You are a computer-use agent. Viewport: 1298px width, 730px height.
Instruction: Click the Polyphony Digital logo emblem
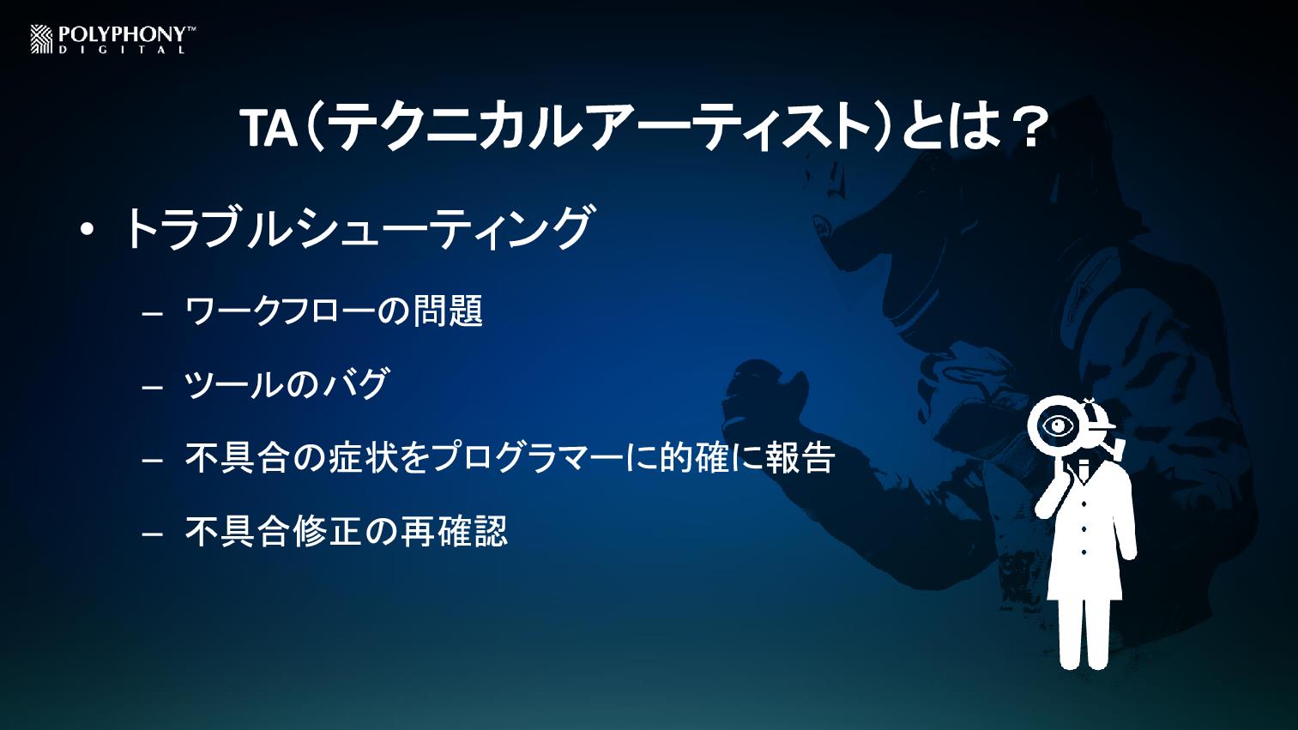[42, 39]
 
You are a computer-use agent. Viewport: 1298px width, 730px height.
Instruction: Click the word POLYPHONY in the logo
[123, 35]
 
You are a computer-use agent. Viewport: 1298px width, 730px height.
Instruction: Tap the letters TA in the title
[269, 129]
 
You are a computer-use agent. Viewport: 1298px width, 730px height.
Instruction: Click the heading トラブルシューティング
[358, 227]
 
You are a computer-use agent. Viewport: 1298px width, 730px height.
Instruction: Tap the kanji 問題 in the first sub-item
[447, 311]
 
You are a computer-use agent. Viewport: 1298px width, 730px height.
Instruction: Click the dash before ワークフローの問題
[152, 314]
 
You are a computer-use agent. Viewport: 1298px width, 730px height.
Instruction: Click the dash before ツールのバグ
[152, 387]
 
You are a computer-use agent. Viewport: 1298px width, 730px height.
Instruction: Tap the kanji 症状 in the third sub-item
[363, 457]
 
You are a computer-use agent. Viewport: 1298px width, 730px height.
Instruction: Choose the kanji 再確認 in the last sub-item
[454, 531]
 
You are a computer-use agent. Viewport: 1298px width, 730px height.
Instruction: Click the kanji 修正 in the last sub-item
[328, 531]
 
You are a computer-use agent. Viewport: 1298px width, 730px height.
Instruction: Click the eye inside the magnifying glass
[1060, 426]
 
